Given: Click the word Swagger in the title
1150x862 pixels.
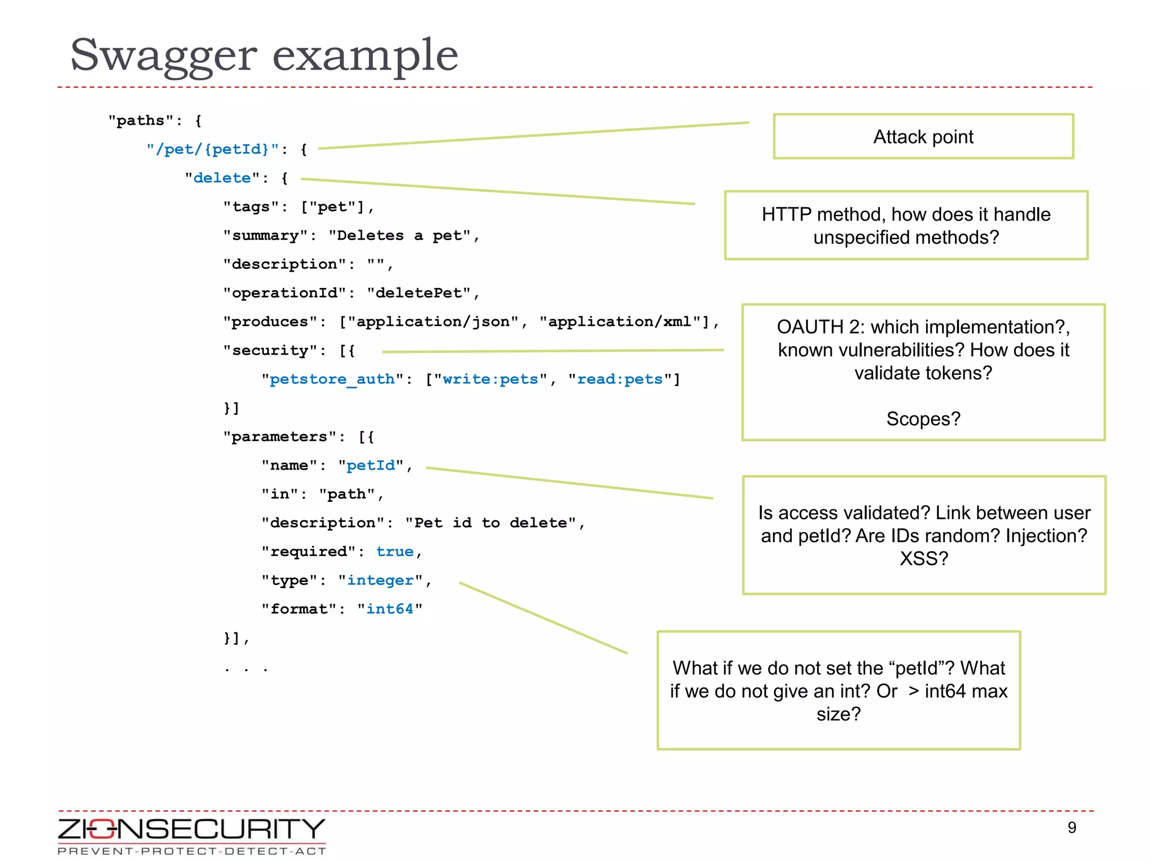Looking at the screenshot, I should click(x=163, y=56).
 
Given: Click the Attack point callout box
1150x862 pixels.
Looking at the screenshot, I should click(x=923, y=137).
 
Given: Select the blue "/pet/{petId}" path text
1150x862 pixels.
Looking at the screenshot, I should click(x=212, y=149).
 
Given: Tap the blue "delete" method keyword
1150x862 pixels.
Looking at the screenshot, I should click(x=222, y=178).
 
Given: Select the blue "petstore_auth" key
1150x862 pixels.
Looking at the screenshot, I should click(x=332, y=379).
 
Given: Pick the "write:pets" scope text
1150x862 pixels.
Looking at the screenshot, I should click(x=490, y=379).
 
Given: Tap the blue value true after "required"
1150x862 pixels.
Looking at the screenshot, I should click(x=395, y=552).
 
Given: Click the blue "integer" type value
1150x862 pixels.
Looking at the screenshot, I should click(x=380, y=580).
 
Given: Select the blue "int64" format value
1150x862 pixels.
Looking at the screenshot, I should click(x=390, y=609).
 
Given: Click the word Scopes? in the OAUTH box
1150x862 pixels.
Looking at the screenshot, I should click(x=923, y=419).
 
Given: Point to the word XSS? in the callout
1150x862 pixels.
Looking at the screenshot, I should click(x=924, y=558).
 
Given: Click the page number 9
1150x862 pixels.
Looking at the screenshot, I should click(x=1071, y=828).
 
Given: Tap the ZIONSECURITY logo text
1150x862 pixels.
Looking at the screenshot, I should click(x=191, y=829).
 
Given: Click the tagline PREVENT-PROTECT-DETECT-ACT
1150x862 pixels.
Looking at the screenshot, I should click(x=191, y=851).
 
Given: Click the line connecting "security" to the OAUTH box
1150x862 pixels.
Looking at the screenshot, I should click(x=553, y=351).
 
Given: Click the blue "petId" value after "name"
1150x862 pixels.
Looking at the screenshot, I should click(x=371, y=466).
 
